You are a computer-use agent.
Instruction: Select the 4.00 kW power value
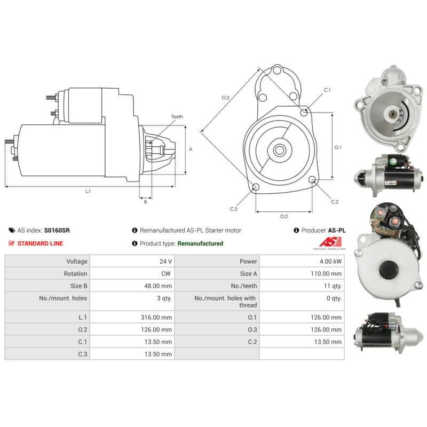click(330, 262)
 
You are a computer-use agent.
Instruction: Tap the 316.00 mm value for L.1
click(156, 317)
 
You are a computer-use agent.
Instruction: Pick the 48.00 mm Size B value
click(158, 286)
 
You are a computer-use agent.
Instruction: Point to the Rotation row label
click(75, 274)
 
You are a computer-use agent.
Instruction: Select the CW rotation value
click(166, 274)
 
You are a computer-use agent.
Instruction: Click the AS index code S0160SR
click(57, 231)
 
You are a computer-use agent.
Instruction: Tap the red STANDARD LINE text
click(40, 243)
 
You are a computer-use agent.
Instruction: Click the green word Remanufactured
click(200, 243)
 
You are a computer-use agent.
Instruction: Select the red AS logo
click(330, 242)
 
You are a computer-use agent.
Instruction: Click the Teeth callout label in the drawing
click(177, 116)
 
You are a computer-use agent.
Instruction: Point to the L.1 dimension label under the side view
click(88, 192)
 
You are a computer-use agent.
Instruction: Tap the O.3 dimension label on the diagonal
click(225, 98)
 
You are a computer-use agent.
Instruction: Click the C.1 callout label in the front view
click(327, 90)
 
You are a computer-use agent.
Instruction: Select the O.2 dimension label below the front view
click(284, 217)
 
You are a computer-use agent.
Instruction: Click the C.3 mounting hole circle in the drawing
click(256, 187)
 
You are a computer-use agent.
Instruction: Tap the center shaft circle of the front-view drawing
click(280, 150)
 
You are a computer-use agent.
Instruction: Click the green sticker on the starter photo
click(393, 161)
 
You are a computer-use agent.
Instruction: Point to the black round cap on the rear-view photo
click(389, 270)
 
